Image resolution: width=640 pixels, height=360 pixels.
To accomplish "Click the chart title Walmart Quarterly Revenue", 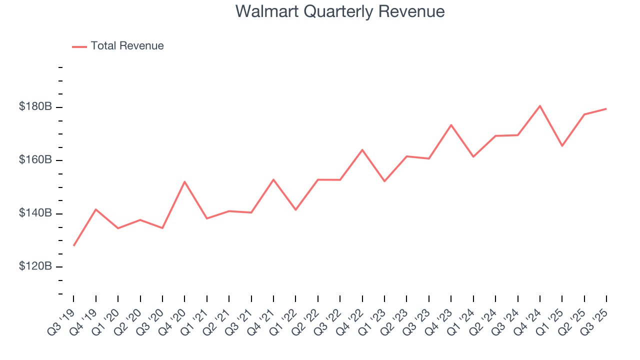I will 340,11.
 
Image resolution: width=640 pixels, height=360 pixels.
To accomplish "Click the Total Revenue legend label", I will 127,46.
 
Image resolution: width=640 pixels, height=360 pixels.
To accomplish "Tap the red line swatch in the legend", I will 79,46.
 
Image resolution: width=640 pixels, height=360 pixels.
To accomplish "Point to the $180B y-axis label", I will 35,106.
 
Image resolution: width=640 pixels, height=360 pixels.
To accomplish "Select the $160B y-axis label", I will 35,160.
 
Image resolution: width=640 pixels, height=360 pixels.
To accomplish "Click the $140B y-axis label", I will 35,213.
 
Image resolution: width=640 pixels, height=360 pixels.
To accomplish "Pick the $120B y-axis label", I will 35,266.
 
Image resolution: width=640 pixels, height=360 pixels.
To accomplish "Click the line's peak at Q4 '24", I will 540,106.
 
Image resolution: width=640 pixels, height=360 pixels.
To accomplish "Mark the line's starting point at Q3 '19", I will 74,245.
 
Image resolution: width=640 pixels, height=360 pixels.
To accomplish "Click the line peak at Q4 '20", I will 184,181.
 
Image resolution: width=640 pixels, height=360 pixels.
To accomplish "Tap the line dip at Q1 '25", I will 562,145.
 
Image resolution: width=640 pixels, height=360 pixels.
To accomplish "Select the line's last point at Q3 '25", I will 606,108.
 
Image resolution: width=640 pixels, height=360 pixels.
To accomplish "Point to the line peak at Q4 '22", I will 362,149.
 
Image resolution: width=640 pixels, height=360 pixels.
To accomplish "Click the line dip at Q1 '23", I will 384,181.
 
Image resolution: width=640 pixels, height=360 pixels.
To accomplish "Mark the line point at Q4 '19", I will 96,209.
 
